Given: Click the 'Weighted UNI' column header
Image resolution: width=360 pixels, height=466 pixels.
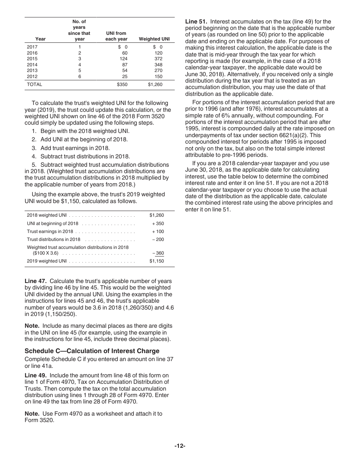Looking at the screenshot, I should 154,39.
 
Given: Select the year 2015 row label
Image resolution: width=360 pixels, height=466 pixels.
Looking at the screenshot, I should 32,59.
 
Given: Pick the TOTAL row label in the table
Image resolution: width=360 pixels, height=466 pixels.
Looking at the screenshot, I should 34,84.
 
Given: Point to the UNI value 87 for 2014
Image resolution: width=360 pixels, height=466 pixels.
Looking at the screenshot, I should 124,65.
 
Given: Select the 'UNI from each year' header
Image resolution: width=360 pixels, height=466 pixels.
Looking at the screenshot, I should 116,36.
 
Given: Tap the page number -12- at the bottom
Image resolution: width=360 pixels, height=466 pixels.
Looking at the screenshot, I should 180,446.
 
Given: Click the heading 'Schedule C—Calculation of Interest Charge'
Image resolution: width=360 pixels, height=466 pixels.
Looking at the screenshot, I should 92,351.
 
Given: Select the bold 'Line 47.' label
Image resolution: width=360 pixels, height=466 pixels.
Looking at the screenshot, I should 36,281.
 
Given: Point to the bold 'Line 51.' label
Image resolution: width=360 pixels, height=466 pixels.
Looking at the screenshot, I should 196,22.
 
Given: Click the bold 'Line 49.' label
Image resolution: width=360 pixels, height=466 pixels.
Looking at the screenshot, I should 36,375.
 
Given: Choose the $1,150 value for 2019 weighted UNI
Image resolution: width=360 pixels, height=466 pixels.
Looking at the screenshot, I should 157,261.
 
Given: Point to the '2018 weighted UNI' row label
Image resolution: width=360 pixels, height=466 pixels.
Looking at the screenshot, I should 47,215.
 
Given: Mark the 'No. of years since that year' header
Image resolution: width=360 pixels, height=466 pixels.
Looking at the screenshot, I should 80,30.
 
